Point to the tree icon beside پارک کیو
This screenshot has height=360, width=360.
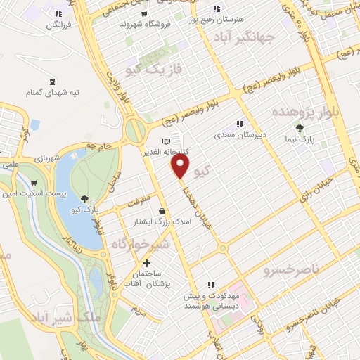tap(85, 199)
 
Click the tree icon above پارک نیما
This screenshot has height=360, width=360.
tap(300, 127)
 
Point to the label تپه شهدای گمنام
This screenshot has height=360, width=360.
tap(52, 92)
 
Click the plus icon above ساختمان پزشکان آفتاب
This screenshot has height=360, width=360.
tap(146, 263)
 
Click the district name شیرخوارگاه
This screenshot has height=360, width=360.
tap(141, 243)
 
